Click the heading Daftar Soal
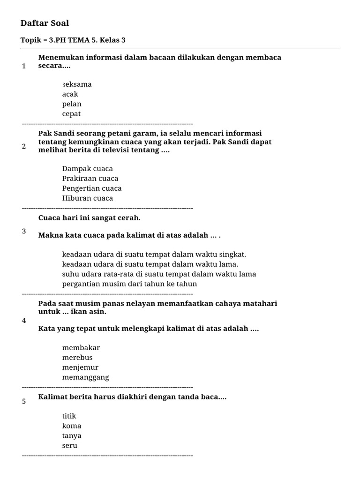click(45, 23)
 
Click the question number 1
click(24, 66)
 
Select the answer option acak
click(70, 94)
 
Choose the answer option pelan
click(72, 104)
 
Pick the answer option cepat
click(71, 114)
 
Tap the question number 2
click(24, 146)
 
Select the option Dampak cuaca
click(87, 169)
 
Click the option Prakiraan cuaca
click(90, 179)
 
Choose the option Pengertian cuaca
click(91, 188)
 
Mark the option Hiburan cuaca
click(87, 198)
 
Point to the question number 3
click(24, 231)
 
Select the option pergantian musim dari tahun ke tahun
click(129, 284)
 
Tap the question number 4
click(24, 321)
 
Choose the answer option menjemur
click(80, 367)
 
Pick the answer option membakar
click(81, 348)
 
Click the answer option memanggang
click(85, 377)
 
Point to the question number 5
click(24, 401)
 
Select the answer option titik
click(69, 416)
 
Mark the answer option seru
click(69, 446)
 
